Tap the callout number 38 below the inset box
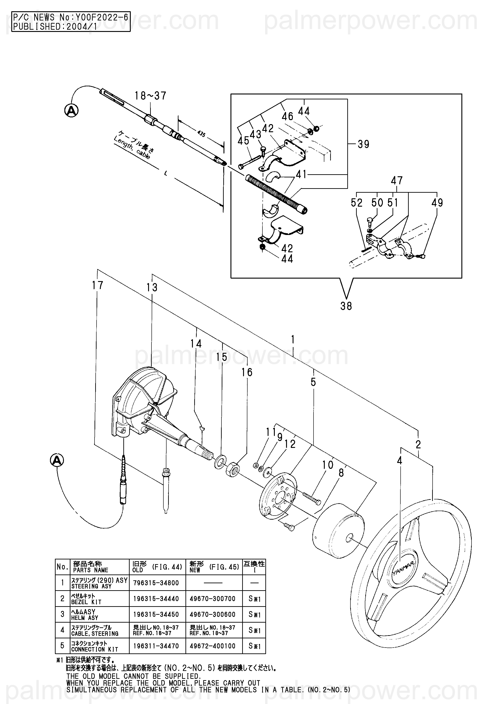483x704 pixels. click(x=346, y=306)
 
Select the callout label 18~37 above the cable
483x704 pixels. click(x=150, y=96)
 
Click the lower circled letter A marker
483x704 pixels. click(x=57, y=460)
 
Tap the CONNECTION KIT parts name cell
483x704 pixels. click(x=99, y=646)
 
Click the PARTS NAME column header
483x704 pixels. click(x=99, y=567)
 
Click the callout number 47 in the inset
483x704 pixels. click(x=397, y=181)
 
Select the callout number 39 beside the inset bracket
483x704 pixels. click(x=363, y=144)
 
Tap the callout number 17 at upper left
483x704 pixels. click(x=98, y=285)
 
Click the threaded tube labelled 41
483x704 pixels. click(x=276, y=194)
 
